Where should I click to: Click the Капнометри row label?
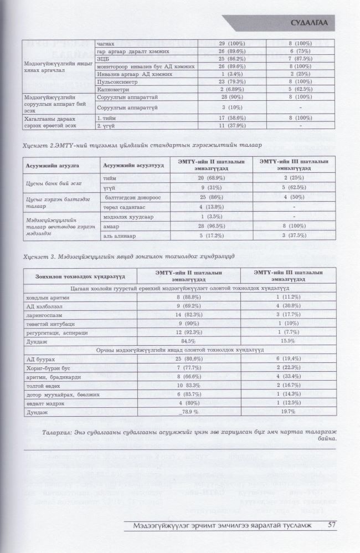point(112,89)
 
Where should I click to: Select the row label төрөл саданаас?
point(121,207)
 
